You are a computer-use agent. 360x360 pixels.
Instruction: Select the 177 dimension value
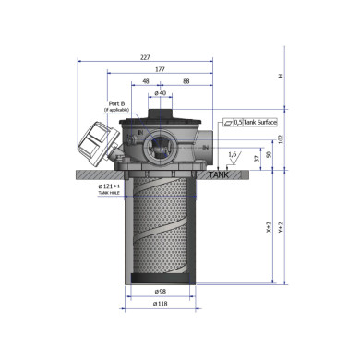(161, 69)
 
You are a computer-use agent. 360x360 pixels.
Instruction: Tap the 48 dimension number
(146, 81)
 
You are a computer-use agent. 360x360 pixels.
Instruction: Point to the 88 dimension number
(186, 81)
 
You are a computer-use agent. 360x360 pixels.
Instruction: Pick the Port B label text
(116, 104)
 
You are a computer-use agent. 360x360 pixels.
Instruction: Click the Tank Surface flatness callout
(250, 122)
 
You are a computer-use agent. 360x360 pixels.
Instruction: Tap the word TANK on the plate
(218, 174)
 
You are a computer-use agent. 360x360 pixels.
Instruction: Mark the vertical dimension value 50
(269, 155)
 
